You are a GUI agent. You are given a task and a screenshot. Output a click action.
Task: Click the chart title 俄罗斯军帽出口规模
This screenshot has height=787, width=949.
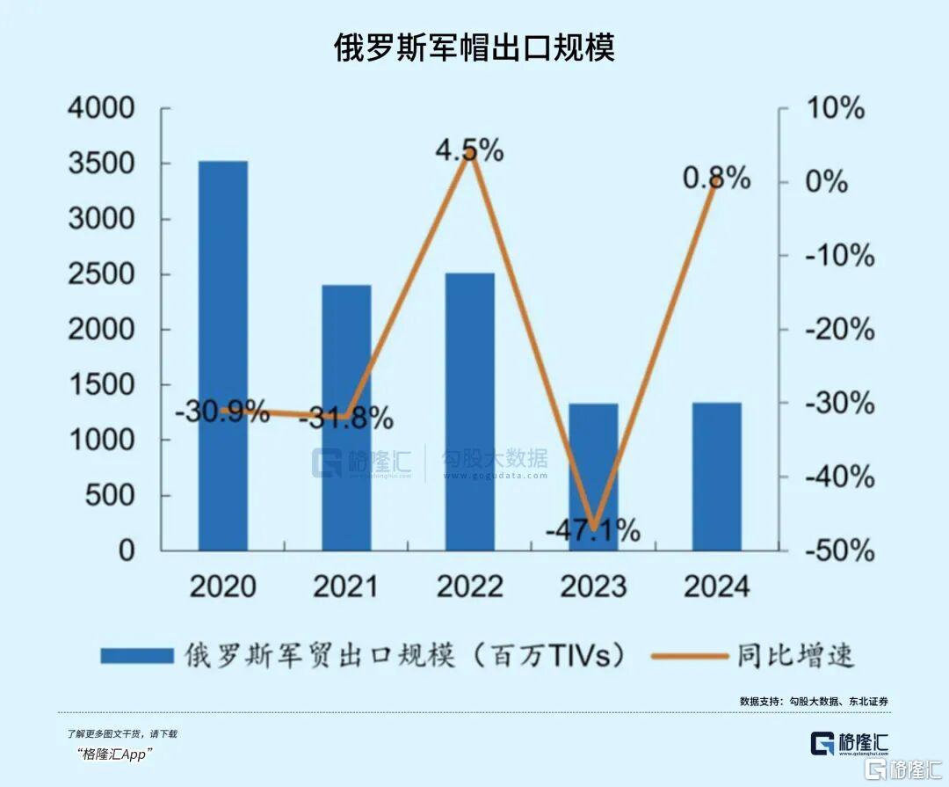474,47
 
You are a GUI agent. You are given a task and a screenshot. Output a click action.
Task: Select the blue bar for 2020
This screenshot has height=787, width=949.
222,356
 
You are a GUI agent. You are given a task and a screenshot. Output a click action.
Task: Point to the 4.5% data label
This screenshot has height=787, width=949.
470,150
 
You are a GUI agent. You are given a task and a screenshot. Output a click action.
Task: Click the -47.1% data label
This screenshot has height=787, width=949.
593,530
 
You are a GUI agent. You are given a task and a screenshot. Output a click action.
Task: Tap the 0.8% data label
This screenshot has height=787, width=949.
717,179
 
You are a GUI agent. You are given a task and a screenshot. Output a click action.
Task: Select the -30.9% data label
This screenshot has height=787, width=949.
221,411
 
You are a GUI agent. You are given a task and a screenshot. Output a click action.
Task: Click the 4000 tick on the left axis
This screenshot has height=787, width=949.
102,109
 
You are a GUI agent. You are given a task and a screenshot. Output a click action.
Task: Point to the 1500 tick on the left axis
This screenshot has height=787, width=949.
102,385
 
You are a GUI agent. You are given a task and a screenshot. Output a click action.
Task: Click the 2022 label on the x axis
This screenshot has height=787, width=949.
470,587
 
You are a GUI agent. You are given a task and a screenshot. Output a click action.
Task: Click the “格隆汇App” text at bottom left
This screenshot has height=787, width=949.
115,754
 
